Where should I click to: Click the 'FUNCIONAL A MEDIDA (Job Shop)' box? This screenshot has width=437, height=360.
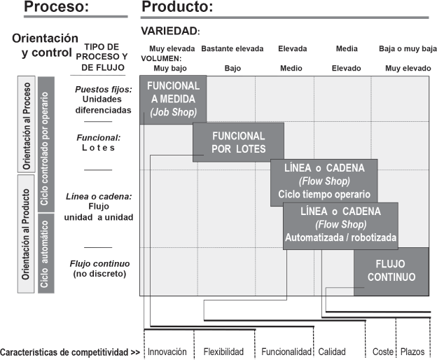pos(173,99)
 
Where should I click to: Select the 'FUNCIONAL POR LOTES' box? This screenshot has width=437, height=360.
pos(239,142)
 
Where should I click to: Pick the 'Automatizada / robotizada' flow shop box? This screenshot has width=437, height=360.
pos(340,224)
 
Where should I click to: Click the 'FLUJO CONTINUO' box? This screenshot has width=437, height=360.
pos(391,271)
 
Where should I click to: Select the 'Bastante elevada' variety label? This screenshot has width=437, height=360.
pos(233,49)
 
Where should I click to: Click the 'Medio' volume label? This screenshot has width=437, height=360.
pos(291,69)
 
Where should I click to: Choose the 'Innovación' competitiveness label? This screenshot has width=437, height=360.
pos(167,352)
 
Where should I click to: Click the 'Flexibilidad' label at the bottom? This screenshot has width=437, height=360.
pos(223,352)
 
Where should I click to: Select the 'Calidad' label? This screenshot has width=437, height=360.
pos(332,352)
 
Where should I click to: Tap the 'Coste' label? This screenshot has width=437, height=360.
pos(382,352)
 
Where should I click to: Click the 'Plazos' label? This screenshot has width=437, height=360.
pos(412,352)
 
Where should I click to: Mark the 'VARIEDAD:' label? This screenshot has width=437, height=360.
pos(170,32)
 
